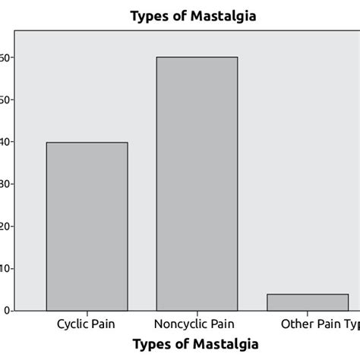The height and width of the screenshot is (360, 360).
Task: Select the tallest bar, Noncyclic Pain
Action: click(196, 184)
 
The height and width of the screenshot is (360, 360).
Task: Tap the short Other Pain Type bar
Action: click(308, 302)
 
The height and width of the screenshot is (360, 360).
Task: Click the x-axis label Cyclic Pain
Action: click(87, 324)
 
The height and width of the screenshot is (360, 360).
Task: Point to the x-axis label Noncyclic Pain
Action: click(197, 324)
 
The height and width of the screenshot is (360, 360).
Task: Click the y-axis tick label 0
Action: click(6, 311)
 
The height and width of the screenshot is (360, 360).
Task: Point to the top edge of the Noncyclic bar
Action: click(196, 58)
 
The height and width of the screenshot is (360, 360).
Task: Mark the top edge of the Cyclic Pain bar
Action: click(87, 143)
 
